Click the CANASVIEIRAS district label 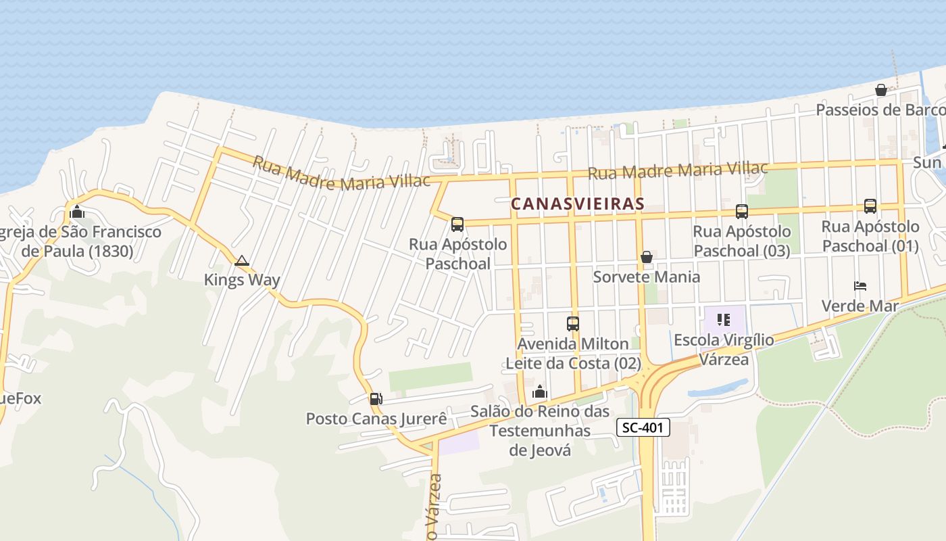click(578, 204)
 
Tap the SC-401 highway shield click(643, 427)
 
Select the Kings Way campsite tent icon click(242, 260)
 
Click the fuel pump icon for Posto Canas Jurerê click(376, 399)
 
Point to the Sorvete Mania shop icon click(647, 257)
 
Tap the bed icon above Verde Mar click(860, 286)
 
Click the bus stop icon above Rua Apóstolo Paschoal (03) click(741, 212)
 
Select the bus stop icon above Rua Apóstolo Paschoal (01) click(870, 206)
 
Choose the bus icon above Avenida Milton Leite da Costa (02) click(573, 324)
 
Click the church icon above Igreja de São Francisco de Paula click(77, 212)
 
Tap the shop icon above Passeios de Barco click(881, 90)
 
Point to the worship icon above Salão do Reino click(540, 392)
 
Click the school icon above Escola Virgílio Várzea click(724, 319)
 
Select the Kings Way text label click(242, 280)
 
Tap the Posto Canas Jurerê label click(376, 419)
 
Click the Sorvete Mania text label click(647, 277)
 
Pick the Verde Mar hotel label click(860, 306)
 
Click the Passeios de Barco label click(880, 110)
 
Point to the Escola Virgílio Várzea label click(724, 349)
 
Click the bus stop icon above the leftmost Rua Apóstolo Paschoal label click(457, 225)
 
